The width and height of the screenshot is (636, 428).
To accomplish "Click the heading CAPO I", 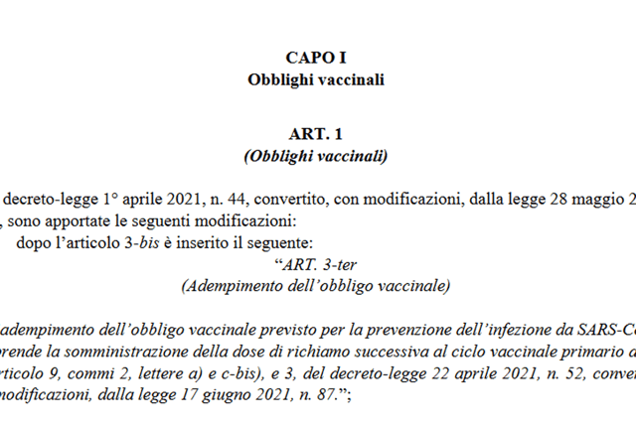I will [315, 58].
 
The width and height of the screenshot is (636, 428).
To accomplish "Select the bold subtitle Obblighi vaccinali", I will [315, 78].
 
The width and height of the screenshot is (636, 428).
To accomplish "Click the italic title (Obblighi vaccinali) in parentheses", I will [315, 156].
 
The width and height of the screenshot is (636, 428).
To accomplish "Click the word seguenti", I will [200, 219].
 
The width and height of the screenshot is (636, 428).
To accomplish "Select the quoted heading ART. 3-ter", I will [315, 265].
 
